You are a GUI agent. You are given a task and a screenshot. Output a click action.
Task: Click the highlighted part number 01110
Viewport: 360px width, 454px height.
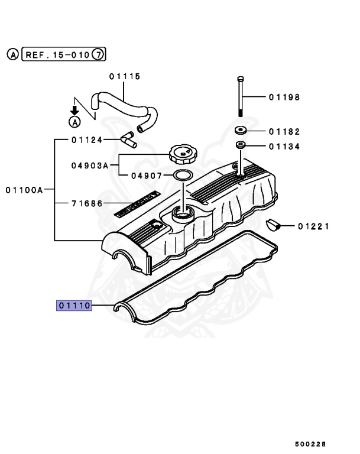(x=74, y=306)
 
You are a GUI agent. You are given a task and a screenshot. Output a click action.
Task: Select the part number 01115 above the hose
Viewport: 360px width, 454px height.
(x=124, y=76)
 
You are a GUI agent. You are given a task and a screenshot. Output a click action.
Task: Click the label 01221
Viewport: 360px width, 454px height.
(x=313, y=226)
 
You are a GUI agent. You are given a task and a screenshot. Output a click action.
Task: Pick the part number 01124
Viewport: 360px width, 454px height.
(x=87, y=140)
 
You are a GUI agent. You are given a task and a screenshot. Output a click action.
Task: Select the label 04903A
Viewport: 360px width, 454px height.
(x=90, y=166)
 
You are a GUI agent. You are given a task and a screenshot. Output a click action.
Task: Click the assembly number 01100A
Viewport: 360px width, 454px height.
(x=25, y=190)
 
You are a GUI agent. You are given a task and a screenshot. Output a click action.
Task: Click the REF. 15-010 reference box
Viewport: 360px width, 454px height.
(x=56, y=55)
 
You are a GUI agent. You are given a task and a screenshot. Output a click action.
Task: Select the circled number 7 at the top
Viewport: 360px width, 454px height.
(x=99, y=55)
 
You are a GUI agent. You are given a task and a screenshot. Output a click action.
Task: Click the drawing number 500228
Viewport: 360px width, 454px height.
(x=310, y=443)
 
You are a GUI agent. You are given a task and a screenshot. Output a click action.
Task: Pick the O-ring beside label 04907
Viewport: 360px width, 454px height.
(x=183, y=176)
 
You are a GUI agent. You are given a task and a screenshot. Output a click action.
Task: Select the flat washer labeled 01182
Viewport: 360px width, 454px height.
(x=241, y=131)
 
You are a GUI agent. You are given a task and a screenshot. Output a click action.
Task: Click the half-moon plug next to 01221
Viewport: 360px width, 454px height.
(x=273, y=225)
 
